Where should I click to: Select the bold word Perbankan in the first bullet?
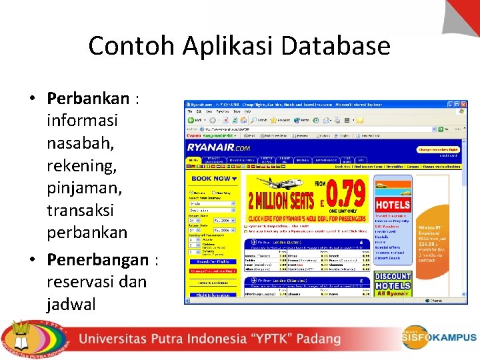[88, 99]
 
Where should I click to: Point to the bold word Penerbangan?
[97, 259]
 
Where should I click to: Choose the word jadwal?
[71, 304]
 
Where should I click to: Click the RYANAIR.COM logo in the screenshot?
[219, 148]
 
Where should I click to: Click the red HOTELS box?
[393, 205]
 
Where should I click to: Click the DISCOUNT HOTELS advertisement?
[393, 281]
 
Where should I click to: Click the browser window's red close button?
[463, 105]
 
